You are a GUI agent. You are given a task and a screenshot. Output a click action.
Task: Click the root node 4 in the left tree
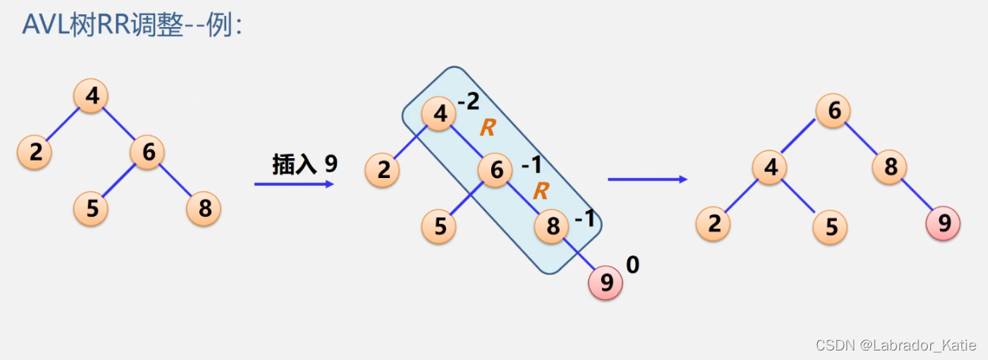tap(92, 97)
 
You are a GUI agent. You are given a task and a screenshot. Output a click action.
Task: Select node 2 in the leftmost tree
tap(35, 152)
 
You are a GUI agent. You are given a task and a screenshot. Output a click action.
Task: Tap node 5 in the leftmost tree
tap(92, 209)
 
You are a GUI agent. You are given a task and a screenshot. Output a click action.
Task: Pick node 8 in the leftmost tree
tap(204, 209)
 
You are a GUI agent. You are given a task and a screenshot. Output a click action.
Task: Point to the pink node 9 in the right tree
tap(944, 224)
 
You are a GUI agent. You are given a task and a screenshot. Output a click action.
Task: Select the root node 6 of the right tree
tap(834, 111)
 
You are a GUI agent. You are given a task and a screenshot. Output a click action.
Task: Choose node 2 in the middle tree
tap(383, 171)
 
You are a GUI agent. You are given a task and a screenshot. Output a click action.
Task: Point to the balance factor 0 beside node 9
tap(632, 265)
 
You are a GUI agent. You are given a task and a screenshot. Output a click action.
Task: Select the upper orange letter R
tap(487, 129)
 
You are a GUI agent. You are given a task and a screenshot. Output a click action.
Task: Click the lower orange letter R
tap(541, 191)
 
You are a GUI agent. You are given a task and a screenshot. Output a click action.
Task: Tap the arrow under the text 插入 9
tap(293, 184)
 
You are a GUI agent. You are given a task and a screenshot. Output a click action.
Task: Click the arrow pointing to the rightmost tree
tap(647, 180)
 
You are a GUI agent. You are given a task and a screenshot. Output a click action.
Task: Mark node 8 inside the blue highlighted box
tap(552, 228)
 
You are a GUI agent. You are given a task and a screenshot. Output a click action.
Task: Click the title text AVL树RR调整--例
tap(131, 25)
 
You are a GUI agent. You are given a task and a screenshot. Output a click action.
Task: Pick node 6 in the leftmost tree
tap(148, 152)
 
